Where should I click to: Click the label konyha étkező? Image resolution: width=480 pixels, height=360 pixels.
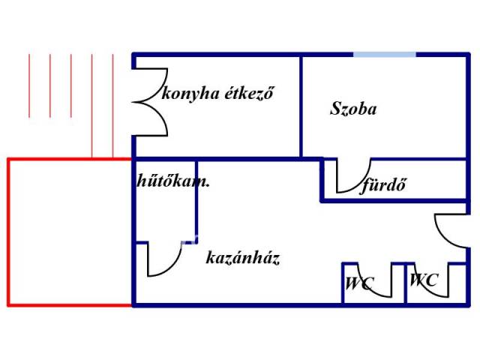click(x=218, y=95)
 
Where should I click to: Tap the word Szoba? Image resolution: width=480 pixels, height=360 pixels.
click(x=353, y=109)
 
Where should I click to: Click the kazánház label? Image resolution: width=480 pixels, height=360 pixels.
click(x=242, y=259)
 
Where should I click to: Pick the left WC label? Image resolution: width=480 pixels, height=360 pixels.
click(x=359, y=284)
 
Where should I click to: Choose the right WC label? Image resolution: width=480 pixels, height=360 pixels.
click(x=424, y=280)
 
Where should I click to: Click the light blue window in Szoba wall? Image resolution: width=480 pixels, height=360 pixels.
click(x=385, y=54)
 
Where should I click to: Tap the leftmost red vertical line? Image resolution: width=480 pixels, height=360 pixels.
click(x=29, y=86)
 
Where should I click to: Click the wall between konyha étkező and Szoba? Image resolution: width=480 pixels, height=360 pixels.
click(x=301, y=105)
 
